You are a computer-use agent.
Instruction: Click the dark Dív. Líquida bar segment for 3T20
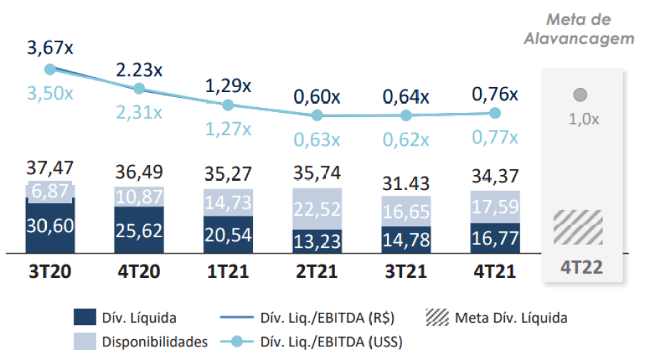click(50, 226)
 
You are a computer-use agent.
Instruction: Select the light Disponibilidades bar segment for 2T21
click(316, 209)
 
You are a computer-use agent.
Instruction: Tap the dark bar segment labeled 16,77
click(494, 238)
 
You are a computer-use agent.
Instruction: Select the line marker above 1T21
click(228, 104)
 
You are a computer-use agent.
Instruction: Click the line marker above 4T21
click(494, 112)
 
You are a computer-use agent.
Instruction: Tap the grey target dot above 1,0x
click(580, 94)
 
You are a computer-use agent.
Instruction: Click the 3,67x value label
click(50, 49)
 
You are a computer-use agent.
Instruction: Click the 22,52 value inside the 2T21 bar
click(316, 209)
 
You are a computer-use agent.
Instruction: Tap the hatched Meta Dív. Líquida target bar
click(578, 228)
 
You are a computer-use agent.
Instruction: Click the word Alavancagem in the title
click(579, 39)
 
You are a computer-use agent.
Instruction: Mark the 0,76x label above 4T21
click(494, 94)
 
